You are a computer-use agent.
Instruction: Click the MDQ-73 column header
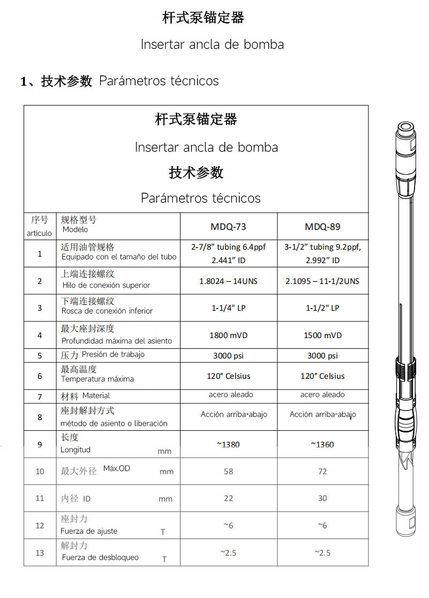[229, 227]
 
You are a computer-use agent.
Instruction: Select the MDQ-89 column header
[322, 227]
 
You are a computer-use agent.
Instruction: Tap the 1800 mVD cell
[229, 335]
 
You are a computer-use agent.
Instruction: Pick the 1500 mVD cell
[322, 335]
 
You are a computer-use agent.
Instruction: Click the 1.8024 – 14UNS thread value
[229, 281]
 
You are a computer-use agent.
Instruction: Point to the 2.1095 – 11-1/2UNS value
[322, 281]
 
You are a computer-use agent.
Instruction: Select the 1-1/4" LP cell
[229, 308]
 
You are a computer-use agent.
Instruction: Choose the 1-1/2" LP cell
[322, 308]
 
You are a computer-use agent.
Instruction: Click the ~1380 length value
[229, 444]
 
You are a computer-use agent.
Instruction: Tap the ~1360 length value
[322, 444]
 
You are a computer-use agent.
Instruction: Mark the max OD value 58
[229, 472]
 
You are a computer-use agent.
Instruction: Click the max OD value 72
[322, 472]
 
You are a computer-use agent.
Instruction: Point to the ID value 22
[229, 498]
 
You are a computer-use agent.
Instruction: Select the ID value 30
[322, 498]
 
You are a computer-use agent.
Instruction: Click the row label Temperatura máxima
[97, 379]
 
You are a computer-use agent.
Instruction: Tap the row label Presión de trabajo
[113, 355]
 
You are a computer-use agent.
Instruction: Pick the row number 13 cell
[40, 552]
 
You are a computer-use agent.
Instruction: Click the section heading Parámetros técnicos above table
[159, 81]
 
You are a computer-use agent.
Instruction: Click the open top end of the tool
[405, 128]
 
